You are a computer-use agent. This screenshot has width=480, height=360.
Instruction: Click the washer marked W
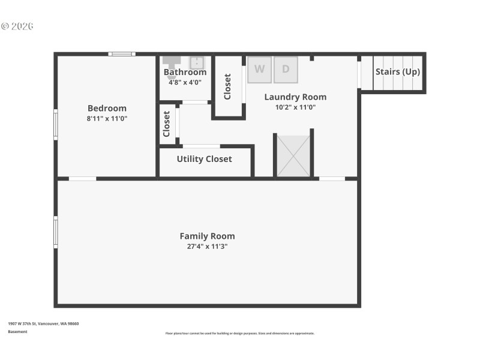[x=259, y=69]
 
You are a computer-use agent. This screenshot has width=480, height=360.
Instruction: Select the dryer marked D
[x=286, y=69]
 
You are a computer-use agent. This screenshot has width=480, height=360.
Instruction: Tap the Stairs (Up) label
[x=398, y=71]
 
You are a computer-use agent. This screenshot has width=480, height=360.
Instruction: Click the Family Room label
[x=207, y=236]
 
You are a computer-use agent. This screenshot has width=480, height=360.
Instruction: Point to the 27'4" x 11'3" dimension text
[x=207, y=247]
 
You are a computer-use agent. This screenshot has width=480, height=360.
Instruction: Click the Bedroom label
[x=107, y=108]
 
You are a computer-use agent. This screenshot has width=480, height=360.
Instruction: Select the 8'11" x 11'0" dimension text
[x=107, y=119]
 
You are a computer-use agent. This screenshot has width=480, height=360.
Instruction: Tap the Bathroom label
[x=185, y=72]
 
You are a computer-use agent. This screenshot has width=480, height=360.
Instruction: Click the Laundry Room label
[x=295, y=97]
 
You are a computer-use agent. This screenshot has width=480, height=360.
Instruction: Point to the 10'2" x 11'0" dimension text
[x=295, y=107]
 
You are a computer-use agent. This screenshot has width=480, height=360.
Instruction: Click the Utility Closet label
[x=204, y=159]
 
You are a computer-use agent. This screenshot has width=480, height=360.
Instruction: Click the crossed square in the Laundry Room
[x=293, y=156]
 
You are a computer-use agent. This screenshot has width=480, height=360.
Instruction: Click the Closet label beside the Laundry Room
[x=227, y=86]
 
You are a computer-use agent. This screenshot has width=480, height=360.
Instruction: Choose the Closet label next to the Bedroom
[x=167, y=124]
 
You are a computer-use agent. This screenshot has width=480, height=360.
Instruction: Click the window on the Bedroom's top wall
[x=121, y=54]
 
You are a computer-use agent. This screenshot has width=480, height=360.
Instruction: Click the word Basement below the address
[x=17, y=332]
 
